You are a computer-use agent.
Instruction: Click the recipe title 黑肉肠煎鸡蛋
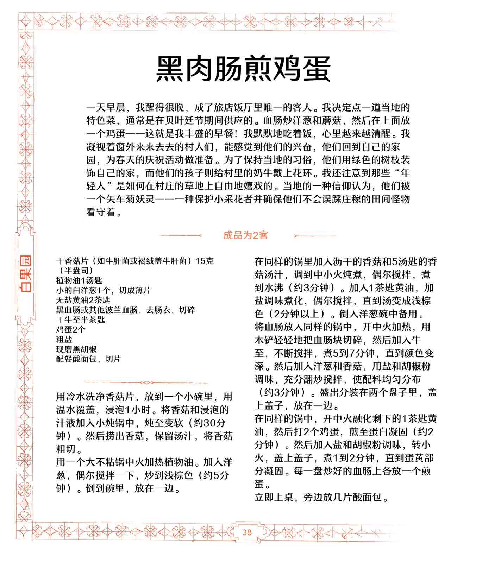coord(243,68)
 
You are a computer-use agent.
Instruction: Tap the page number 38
coord(247,532)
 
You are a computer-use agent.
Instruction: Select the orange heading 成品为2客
coord(245,235)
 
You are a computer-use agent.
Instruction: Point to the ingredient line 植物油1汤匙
coord(79,280)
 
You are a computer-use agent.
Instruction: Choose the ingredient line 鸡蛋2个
coord(70,329)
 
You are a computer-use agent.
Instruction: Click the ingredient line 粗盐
coord(64,339)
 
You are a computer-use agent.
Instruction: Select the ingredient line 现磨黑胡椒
coord(76,349)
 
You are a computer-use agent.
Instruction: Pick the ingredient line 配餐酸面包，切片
coord(88,359)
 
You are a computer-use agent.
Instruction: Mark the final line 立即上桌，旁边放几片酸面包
coord(321,498)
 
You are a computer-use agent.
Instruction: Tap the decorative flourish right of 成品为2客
coord(315,235)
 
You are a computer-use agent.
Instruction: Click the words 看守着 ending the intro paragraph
coord(104,213)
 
